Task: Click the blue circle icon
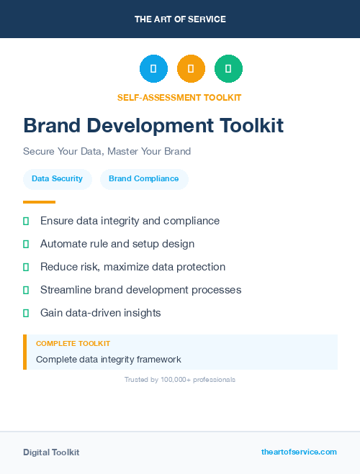click(x=153, y=69)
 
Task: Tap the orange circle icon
click(x=191, y=69)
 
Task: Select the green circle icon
click(x=228, y=69)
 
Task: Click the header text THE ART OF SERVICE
click(x=180, y=19)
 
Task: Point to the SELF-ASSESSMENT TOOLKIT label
click(x=179, y=97)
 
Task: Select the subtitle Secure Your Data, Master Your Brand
click(x=107, y=152)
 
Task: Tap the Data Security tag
click(x=57, y=179)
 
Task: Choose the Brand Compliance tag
click(x=144, y=179)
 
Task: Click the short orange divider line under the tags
click(x=39, y=202)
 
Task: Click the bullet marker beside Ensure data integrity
click(x=26, y=222)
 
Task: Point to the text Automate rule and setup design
click(x=117, y=244)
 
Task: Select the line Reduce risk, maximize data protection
click(x=132, y=267)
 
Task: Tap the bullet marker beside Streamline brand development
click(x=26, y=290)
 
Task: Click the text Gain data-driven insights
click(x=100, y=313)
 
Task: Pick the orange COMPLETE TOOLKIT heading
click(x=73, y=344)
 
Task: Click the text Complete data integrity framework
click(x=108, y=359)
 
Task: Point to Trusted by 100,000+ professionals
click(x=180, y=379)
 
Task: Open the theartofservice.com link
click(x=299, y=452)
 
